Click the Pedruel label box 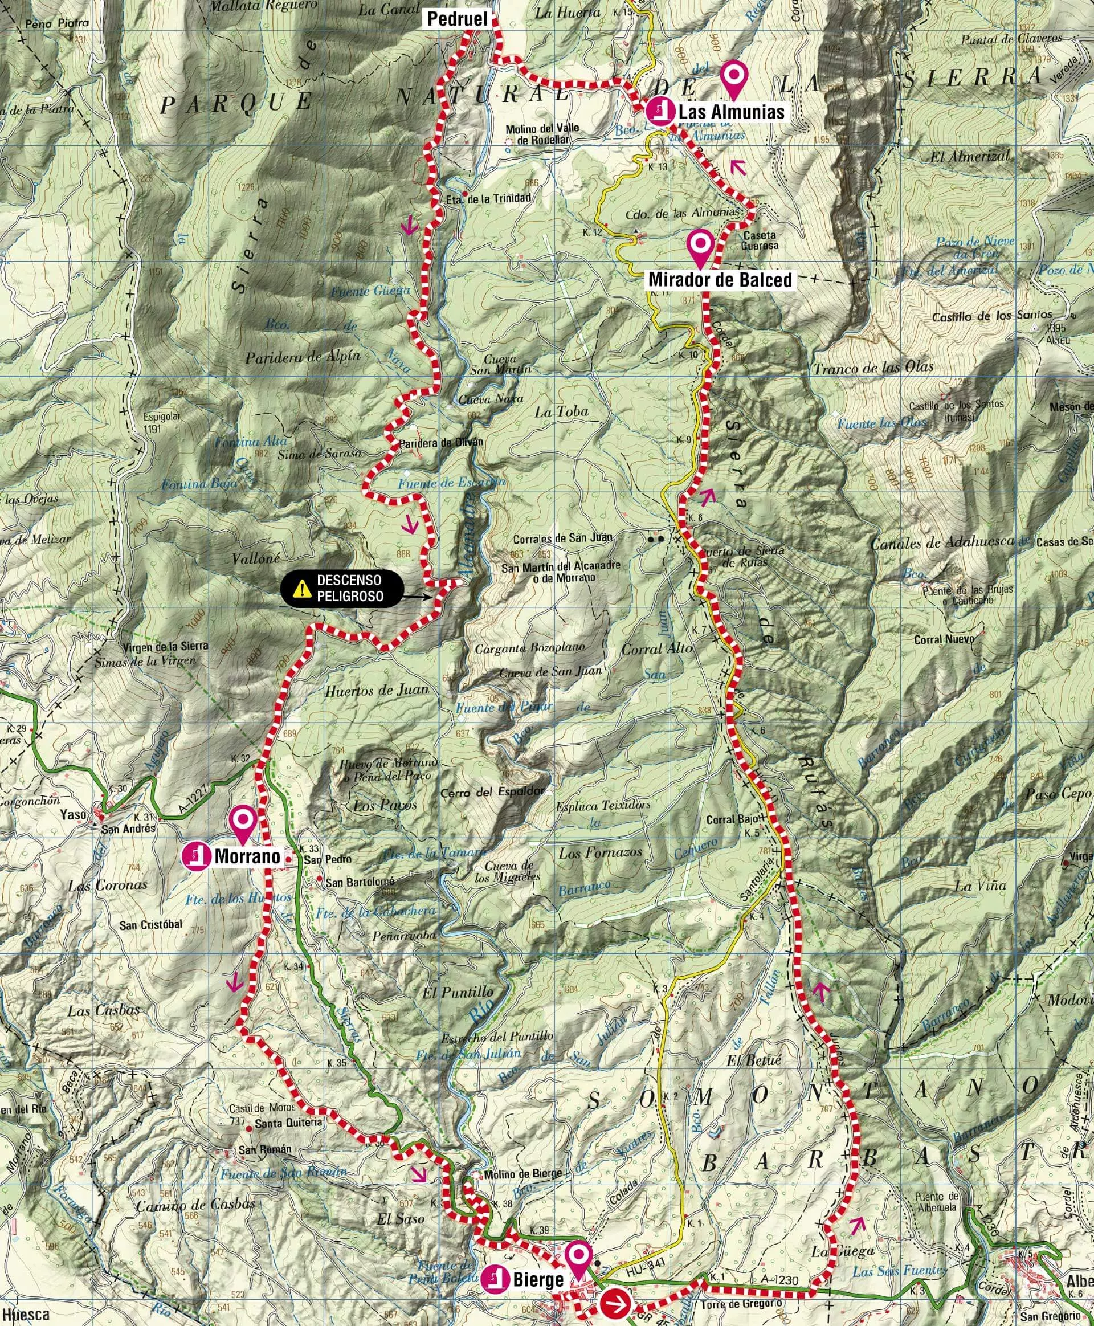click(x=458, y=19)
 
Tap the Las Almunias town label click(x=731, y=112)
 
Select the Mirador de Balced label click(x=720, y=279)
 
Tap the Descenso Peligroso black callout click(x=340, y=589)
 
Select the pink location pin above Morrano click(x=243, y=823)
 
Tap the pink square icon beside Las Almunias click(x=659, y=112)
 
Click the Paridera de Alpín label click(x=303, y=357)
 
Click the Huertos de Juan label click(x=376, y=691)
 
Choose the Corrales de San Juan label click(x=562, y=538)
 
